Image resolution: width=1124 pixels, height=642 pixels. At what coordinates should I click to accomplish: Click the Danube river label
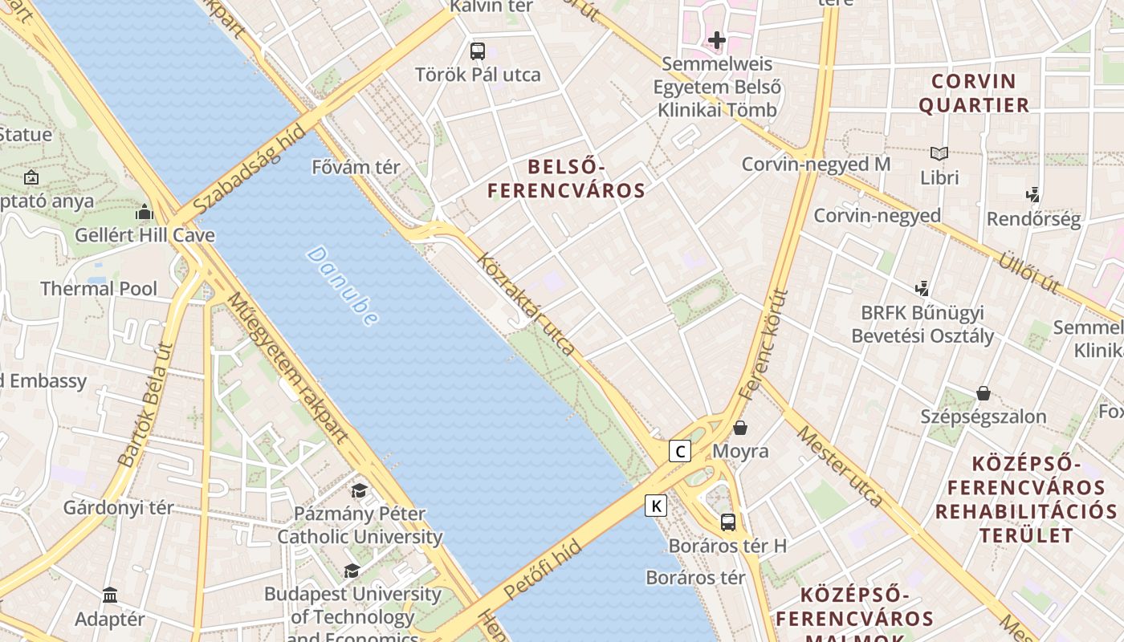pos(342,286)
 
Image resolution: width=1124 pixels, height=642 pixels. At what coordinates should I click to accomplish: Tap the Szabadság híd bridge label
pos(250,169)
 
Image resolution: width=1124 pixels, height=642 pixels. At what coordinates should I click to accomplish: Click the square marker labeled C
pos(680,451)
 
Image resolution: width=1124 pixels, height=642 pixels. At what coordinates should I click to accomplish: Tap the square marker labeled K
pos(656,506)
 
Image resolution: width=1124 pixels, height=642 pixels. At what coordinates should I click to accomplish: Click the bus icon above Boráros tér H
pos(728,522)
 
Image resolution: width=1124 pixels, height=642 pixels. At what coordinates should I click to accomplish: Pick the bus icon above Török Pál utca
pos(478,51)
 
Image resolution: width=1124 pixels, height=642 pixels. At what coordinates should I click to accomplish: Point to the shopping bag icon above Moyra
pos(740,428)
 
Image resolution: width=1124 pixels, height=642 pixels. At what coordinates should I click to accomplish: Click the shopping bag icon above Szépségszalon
pos(983,393)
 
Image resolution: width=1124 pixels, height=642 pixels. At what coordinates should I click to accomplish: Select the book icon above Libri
pos(939,153)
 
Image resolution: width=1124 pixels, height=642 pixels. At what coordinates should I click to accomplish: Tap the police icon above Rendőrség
pos(1033,194)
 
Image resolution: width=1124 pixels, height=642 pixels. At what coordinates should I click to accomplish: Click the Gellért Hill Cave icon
pos(145,212)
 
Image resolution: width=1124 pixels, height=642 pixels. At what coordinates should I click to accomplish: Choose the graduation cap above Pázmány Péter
pos(359,490)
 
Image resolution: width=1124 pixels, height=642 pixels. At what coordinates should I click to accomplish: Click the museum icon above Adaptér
pos(110,595)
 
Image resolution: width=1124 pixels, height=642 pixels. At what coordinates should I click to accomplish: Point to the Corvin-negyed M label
pos(816,165)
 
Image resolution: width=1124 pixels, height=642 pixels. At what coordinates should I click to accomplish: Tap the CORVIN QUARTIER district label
pos(973,93)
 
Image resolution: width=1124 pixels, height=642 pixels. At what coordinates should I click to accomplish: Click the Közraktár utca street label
pos(526,303)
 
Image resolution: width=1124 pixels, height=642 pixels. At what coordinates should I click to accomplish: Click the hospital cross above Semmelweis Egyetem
pos(717,39)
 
